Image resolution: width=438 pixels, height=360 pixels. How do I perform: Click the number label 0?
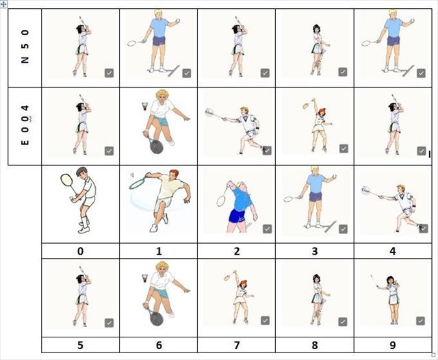pyautogui.click(x=80, y=251)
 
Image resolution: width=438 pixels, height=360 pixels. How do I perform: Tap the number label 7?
pyautogui.click(x=237, y=345)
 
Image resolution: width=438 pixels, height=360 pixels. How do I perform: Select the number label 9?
pyautogui.click(x=392, y=345)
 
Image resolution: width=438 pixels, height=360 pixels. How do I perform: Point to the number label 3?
pyautogui.click(x=315, y=251)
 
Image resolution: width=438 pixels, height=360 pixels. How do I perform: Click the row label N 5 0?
pyautogui.click(x=25, y=47)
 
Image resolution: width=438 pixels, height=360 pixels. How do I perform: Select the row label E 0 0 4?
pyautogui.click(x=25, y=125)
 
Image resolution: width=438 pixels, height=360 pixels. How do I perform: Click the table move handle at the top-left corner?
pyautogui.click(x=3, y=4)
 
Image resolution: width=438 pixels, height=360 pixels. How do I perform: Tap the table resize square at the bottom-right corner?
pyautogui.click(x=433, y=355)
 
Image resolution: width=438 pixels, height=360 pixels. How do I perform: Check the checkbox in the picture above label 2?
pyautogui.click(x=268, y=229)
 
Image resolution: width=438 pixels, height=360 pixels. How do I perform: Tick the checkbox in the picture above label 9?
pyautogui.click(x=420, y=321)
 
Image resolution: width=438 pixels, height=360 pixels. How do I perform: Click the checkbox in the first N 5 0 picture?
pyautogui.click(x=109, y=73)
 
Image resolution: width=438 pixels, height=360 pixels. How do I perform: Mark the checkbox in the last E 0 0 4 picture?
pyautogui.click(x=422, y=151)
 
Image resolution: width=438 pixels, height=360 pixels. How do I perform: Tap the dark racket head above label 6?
pyautogui.click(x=156, y=319)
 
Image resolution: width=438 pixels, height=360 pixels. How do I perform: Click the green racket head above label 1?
pyautogui.click(x=137, y=183)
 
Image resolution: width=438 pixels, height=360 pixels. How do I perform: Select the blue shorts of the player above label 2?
pyautogui.click(x=237, y=217)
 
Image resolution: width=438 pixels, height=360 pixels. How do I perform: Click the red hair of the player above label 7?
pyautogui.click(x=244, y=283)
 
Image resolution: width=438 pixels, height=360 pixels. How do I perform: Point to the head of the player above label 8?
pyautogui.click(x=316, y=279)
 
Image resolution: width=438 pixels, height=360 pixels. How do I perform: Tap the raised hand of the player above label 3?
pyautogui.click(x=333, y=178)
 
